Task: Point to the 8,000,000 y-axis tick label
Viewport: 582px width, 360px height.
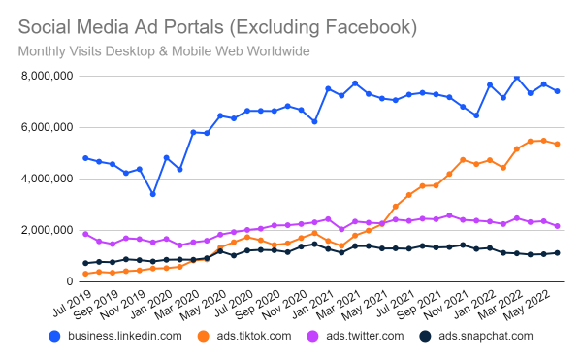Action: click(x=46, y=76)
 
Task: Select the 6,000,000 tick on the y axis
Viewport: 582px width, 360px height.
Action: click(x=46, y=127)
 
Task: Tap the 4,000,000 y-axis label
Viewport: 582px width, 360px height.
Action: click(x=46, y=179)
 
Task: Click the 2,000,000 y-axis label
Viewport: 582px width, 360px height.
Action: click(x=46, y=230)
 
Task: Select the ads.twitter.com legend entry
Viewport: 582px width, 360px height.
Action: click(x=372, y=337)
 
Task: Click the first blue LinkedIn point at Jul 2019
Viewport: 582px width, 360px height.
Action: click(x=85, y=158)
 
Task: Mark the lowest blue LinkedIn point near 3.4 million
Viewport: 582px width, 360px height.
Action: click(x=153, y=194)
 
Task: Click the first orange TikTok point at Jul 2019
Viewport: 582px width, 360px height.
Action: click(x=85, y=274)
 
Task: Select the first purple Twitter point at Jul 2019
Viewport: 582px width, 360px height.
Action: click(x=85, y=234)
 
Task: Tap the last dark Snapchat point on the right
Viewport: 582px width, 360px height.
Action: click(x=557, y=253)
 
